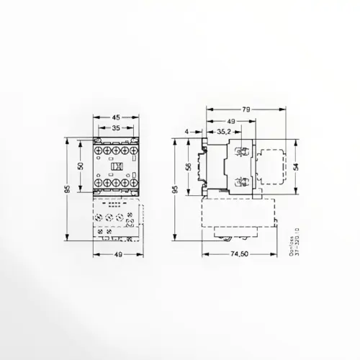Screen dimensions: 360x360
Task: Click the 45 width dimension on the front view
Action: pyautogui.click(x=114, y=118)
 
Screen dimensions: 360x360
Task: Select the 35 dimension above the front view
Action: pyautogui.click(x=114, y=128)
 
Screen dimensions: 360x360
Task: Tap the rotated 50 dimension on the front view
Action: pyautogui.click(x=81, y=166)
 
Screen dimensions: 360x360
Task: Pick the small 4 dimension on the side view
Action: pyautogui.click(x=186, y=132)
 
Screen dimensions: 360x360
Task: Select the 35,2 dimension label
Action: pyautogui.click(x=224, y=132)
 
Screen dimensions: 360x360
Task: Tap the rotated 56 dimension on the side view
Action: pyautogui.click(x=188, y=166)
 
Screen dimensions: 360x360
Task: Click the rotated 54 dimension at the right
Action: pyautogui.click(x=295, y=166)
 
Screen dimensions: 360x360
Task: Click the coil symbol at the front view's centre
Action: pyautogui.click(x=114, y=166)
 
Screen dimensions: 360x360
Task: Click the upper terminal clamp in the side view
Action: pyautogui.click(x=241, y=151)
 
